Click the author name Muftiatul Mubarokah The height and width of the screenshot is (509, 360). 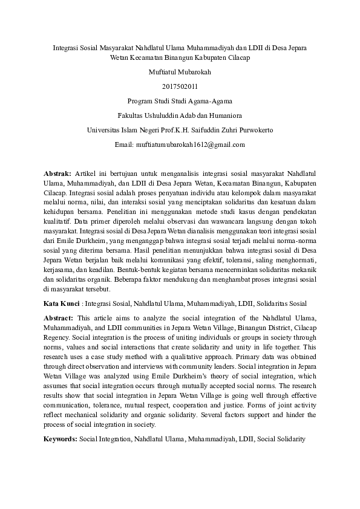pyautogui.click(x=180, y=71)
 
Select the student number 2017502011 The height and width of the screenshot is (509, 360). pyautogui.click(x=180, y=86)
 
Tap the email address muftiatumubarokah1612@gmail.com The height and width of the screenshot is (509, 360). pyautogui.click(x=180, y=144)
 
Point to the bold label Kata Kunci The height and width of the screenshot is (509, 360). pyautogui.click(x=62, y=303)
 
